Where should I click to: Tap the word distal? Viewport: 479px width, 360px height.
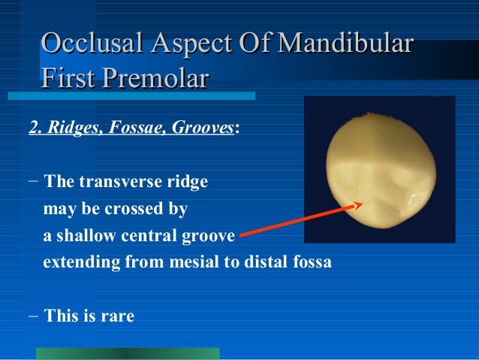(x=264, y=264)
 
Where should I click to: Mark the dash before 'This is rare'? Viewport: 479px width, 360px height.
(x=33, y=316)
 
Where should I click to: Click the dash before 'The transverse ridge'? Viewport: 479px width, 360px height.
(x=33, y=182)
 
